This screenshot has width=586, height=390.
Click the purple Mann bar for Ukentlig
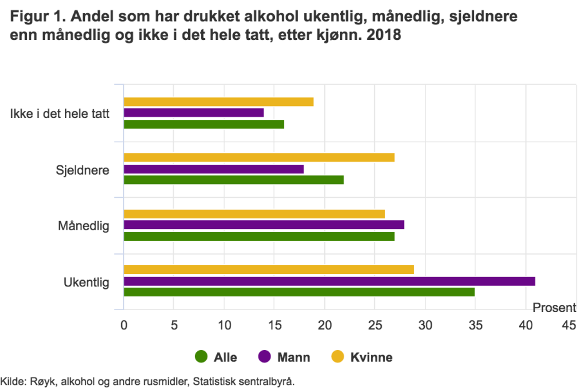tap(329, 281)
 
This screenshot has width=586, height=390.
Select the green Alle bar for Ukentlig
tap(299, 292)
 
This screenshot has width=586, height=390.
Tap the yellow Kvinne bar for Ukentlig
tap(269, 270)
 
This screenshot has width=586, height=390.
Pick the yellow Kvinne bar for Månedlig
tap(254, 214)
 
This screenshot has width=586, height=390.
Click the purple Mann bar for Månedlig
tap(264, 225)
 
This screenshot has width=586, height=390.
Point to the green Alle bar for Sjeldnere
tap(234, 180)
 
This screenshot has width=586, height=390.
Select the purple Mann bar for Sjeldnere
tap(214, 169)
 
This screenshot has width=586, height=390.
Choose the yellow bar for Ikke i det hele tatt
tap(219, 102)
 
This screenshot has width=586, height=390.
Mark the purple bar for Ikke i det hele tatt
tap(194, 113)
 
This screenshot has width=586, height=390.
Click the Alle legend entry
tap(216, 358)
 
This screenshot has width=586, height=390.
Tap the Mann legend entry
tap(284, 358)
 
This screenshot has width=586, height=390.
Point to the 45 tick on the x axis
tap(569, 325)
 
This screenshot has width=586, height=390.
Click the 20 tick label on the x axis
tap(325, 325)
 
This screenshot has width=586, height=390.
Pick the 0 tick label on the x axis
tap(124, 325)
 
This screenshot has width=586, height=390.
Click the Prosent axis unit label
tap(554, 308)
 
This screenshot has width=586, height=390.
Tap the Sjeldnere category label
tap(82, 170)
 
